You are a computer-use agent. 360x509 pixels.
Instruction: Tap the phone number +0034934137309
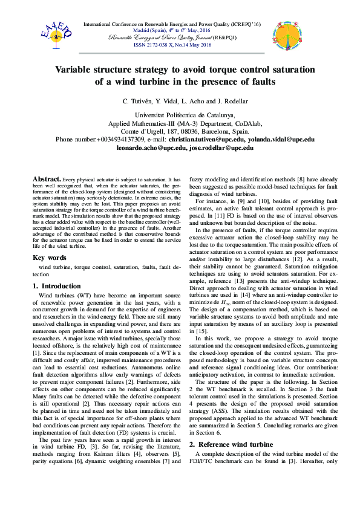(x=117, y=139)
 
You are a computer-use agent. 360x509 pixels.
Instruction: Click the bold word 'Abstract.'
(x=46, y=180)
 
